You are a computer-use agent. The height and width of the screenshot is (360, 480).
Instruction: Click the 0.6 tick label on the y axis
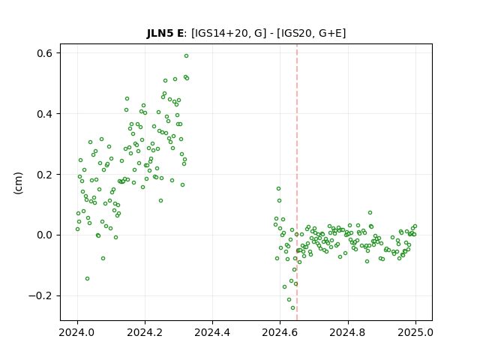tap(44, 53)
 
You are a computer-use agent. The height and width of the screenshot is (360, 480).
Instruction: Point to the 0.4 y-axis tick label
tap(44, 114)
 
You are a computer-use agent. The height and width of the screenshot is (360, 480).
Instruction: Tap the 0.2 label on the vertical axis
tap(44, 175)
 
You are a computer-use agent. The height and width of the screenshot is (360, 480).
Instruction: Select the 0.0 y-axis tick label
tap(44, 235)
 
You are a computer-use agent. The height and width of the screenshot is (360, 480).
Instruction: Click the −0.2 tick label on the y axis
tap(40, 295)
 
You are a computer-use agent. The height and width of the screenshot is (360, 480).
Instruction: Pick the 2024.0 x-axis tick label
tap(77, 332)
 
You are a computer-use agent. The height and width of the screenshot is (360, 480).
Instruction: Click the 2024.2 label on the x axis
tap(145, 332)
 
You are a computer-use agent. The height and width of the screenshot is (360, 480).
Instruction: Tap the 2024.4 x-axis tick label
tap(212, 332)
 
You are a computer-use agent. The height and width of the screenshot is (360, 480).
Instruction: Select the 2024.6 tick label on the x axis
tap(280, 332)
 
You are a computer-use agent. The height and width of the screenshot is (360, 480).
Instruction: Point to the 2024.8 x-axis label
tap(348, 332)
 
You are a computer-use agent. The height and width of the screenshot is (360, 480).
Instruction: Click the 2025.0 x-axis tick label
tap(415, 332)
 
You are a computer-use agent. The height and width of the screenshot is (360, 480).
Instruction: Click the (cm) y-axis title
tap(18, 183)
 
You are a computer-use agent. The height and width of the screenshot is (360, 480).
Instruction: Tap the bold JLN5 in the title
tap(160, 33)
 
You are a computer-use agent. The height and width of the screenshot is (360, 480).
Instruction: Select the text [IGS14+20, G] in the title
tap(226, 33)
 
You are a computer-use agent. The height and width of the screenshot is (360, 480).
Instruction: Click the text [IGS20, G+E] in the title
tap(311, 33)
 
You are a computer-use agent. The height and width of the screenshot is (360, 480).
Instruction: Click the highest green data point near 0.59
tap(186, 56)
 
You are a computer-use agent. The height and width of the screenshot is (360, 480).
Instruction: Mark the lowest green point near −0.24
tap(292, 308)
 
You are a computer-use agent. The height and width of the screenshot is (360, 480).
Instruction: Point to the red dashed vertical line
tap(297, 182)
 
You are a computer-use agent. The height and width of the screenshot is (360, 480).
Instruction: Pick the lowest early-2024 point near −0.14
tap(87, 278)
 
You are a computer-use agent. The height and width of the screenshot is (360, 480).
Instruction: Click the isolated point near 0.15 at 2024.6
tap(278, 188)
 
